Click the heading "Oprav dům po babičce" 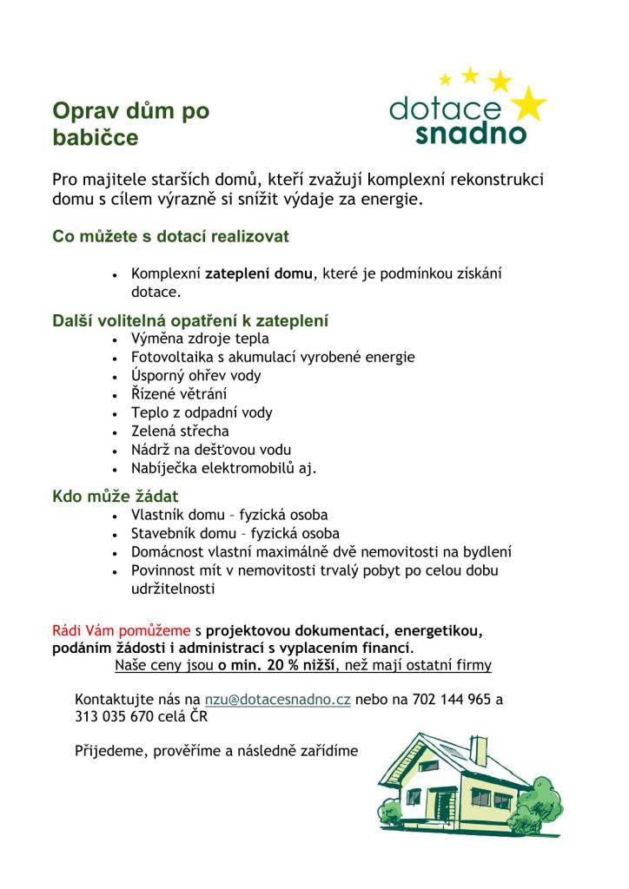click(x=130, y=124)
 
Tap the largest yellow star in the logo click(x=526, y=105)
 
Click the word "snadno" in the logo click(x=470, y=134)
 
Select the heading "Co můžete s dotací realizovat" click(x=170, y=236)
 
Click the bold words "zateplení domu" click(x=258, y=274)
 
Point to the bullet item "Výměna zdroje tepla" click(x=200, y=339)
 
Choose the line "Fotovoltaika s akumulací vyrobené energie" click(x=273, y=357)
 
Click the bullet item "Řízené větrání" click(x=179, y=394)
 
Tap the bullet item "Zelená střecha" click(x=180, y=431)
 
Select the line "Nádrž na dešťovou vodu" click(x=210, y=450)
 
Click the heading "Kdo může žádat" click(x=116, y=496)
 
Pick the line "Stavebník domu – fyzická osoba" click(x=235, y=533)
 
